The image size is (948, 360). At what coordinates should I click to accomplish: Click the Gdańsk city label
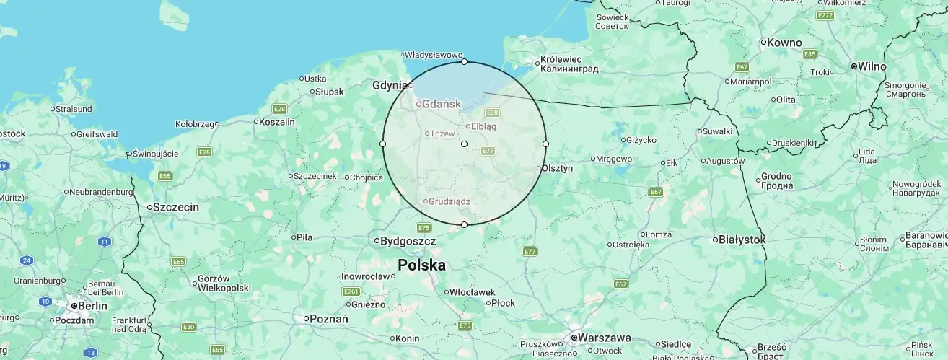(x=441, y=104)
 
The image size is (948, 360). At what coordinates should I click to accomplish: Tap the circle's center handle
(x=464, y=144)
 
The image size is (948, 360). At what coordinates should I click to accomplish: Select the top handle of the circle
(x=464, y=62)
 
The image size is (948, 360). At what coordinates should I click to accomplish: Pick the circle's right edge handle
(x=545, y=144)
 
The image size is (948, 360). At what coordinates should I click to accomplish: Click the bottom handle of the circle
(x=464, y=225)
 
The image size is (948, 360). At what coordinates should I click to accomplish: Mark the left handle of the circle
(x=382, y=144)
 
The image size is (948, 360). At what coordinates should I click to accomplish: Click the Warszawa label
(x=605, y=338)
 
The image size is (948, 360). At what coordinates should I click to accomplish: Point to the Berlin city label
(x=92, y=306)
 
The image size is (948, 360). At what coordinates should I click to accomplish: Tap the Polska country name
(x=421, y=265)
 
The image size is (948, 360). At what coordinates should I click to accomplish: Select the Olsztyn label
(x=557, y=168)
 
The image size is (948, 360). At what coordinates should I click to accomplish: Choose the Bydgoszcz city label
(x=408, y=240)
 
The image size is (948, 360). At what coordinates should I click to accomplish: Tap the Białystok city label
(x=742, y=239)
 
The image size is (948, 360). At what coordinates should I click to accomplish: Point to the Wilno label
(x=872, y=66)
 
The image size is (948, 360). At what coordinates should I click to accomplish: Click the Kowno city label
(x=784, y=43)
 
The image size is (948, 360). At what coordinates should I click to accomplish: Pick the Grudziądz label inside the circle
(x=449, y=201)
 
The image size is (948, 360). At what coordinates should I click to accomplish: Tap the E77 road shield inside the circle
(x=488, y=151)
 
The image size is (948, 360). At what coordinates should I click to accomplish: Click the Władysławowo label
(x=433, y=54)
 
